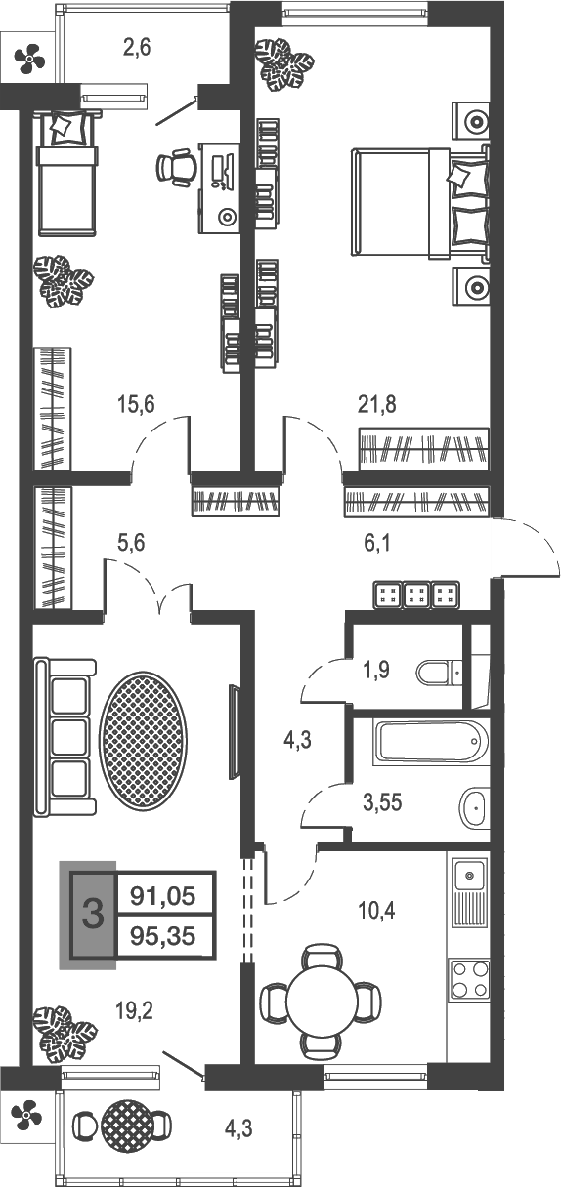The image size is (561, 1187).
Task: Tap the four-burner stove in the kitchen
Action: point(468,979)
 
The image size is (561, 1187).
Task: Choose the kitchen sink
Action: point(469,882)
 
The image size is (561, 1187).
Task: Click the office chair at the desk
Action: point(177,167)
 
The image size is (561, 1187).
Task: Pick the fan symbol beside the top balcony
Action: point(27,61)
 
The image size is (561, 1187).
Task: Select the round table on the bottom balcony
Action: point(128,1127)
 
